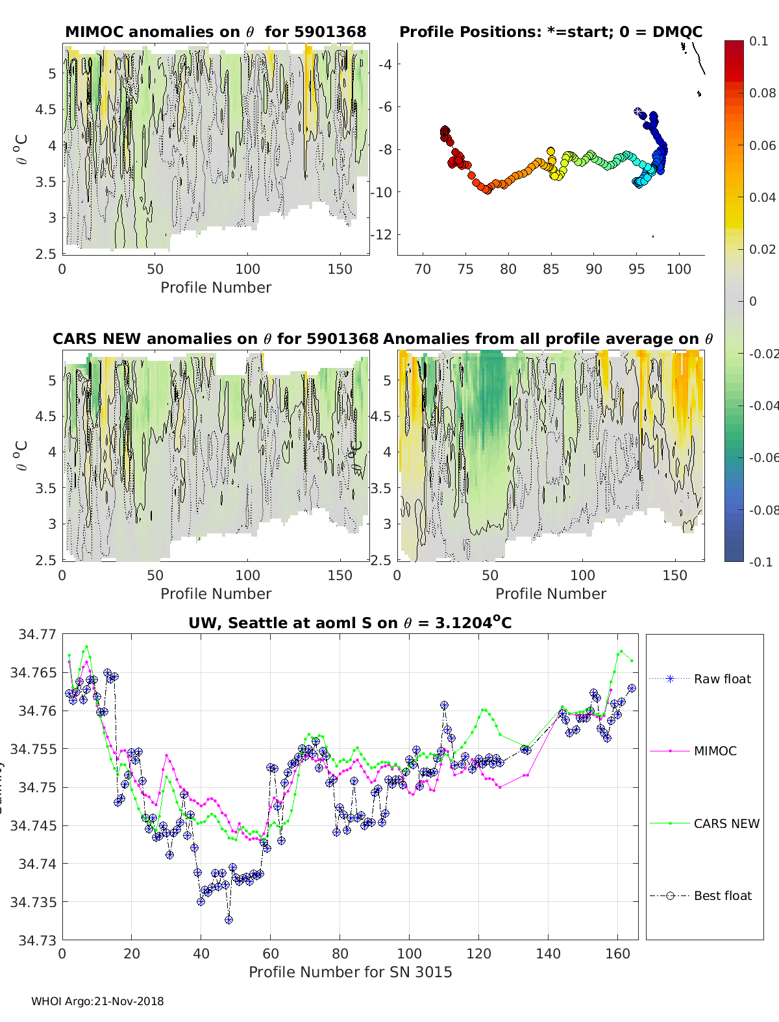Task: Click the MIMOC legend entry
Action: click(x=715, y=751)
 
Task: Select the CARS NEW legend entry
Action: click(x=726, y=823)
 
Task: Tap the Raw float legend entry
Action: click(x=722, y=679)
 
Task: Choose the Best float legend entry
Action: click(x=722, y=895)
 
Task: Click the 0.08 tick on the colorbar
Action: click(x=762, y=93)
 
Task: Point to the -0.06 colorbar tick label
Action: click(x=762, y=457)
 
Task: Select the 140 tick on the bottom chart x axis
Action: click(x=549, y=953)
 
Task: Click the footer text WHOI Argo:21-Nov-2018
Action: click(x=97, y=1001)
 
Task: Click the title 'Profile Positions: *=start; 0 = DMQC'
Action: click(x=550, y=32)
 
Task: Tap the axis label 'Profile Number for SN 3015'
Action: click(x=350, y=972)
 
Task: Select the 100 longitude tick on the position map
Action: click(x=679, y=269)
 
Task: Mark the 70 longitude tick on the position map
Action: click(x=423, y=269)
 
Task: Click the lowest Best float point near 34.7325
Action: click(x=229, y=920)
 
